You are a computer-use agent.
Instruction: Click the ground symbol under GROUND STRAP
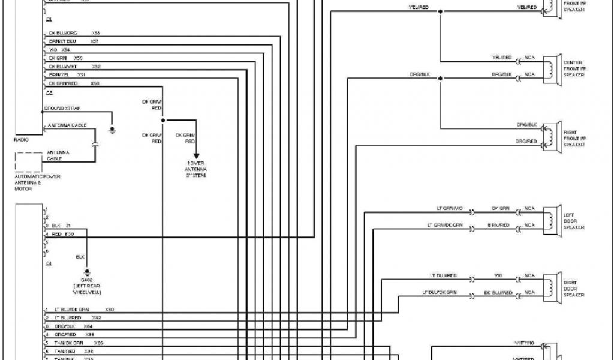click(112, 129)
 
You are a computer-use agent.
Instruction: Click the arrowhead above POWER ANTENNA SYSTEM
click(195, 155)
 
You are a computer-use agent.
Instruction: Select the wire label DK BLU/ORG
click(62, 32)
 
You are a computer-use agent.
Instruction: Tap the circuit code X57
click(95, 41)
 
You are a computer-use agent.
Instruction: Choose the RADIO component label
click(21, 139)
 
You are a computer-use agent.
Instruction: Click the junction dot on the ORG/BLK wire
click(440, 78)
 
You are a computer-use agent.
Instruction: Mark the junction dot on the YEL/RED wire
click(440, 11)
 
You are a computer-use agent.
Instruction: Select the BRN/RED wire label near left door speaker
click(498, 225)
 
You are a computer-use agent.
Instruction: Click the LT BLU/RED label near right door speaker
click(443, 275)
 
